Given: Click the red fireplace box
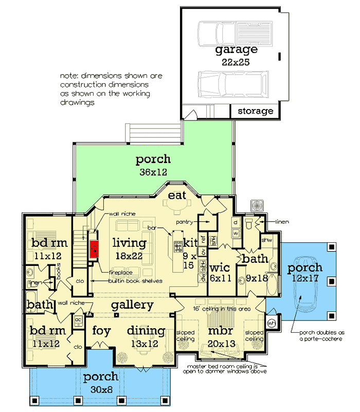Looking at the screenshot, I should pyautogui.click(x=94, y=249).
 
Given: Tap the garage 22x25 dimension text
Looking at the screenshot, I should pyautogui.click(x=236, y=62).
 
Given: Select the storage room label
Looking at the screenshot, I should pyautogui.click(x=255, y=111).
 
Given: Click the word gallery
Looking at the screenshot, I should pyautogui.click(x=133, y=304).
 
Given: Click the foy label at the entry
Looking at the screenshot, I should pyautogui.click(x=101, y=331).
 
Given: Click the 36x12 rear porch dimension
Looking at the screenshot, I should pyautogui.click(x=153, y=172).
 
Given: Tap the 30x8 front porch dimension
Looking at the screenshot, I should pyautogui.click(x=101, y=389).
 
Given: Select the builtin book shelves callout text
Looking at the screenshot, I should pyautogui.click(x=135, y=281).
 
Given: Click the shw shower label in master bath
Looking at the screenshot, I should pyautogui.click(x=266, y=240).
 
